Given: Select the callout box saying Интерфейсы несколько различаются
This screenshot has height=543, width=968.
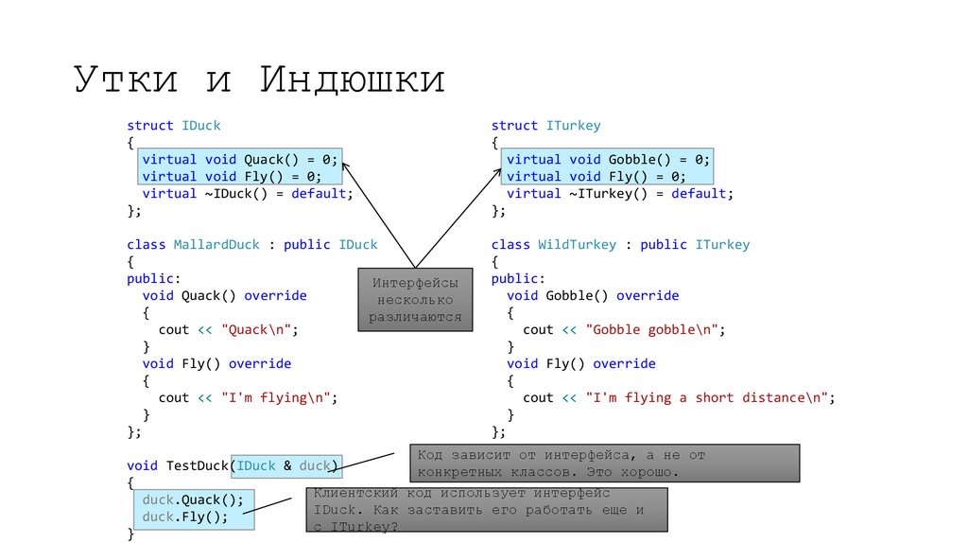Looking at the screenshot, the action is (x=415, y=300).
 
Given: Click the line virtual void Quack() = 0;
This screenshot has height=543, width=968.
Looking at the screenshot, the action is (x=239, y=160).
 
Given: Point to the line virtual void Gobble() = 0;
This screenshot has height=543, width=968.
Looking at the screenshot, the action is (x=608, y=160).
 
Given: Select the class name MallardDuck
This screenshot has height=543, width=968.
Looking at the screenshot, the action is (x=216, y=245).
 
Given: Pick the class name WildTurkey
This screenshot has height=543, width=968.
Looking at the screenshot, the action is (x=577, y=245).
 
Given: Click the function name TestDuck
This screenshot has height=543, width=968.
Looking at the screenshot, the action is (x=198, y=465).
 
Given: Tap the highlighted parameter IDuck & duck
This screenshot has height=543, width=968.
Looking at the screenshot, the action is (x=286, y=465).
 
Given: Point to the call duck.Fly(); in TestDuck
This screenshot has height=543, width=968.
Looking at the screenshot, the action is (x=185, y=517).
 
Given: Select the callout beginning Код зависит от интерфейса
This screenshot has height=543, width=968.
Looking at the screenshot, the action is (x=605, y=463).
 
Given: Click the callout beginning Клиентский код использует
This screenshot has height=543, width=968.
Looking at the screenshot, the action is (x=488, y=510).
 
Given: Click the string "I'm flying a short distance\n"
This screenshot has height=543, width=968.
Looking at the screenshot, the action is (x=706, y=398).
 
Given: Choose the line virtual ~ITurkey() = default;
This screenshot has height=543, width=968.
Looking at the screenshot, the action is (x=619, y=194).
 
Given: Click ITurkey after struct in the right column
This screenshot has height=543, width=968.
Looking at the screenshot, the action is (x=573, y=126).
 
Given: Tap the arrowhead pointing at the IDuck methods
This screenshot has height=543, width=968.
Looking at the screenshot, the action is (x=345, y=165).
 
